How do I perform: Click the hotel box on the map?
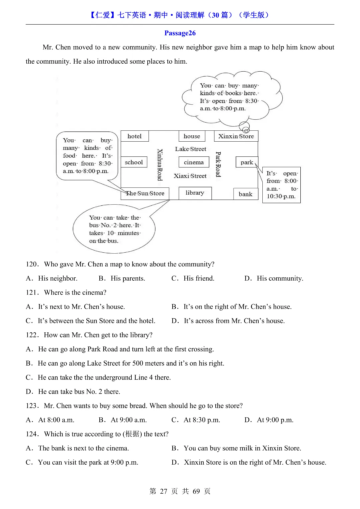pos(134,136)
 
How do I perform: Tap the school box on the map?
pos(134,162)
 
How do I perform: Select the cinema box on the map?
pos(194,162)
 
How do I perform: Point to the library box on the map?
pos(195,193)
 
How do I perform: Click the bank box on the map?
pos(246,194)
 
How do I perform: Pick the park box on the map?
pos(247,162)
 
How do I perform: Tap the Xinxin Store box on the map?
pos(236,136)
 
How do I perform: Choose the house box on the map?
pos(192,136)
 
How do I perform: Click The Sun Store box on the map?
pos(145,193)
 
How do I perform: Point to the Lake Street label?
pos(191,149)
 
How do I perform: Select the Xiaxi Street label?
pos(190,176)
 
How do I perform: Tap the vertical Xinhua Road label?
pos(160,165)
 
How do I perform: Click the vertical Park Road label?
pos(218,164)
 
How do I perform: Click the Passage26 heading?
pos(180,33)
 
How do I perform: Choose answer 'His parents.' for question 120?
pos(128,278)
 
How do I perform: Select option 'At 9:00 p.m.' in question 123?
pos(275,420)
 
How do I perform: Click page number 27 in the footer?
pos(163,491)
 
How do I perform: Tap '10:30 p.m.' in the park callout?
pos(281,196)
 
